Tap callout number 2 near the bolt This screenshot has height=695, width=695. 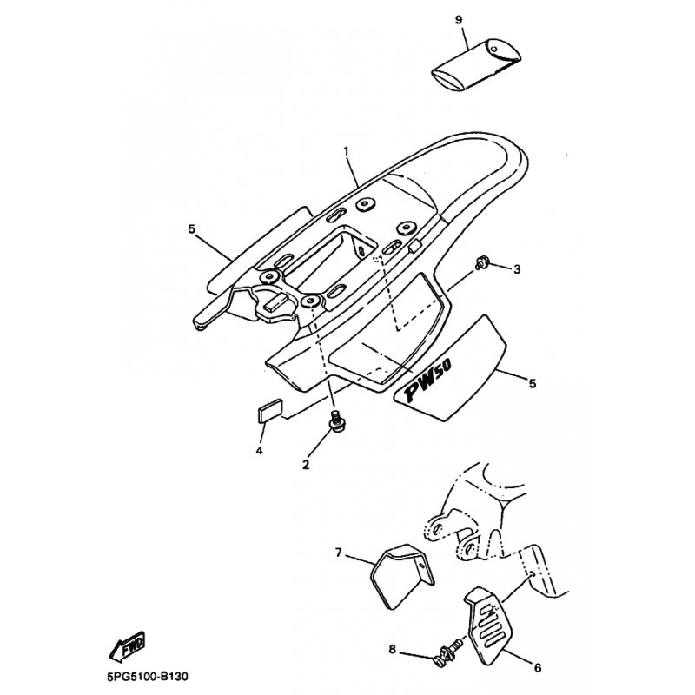(x=306, y=464)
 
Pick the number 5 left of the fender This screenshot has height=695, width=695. (x=192, y=229)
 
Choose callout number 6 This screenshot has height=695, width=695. (x=537, y=667)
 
